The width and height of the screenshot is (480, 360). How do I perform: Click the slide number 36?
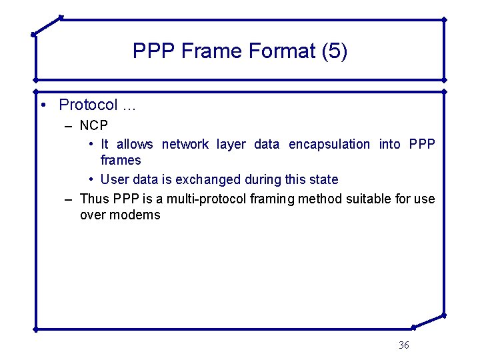click(403, 345)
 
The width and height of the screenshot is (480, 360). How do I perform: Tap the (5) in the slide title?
click(335, 51)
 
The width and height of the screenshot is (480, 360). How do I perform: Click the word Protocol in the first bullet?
click(88, 105)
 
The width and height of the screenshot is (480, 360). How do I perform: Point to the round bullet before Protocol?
click(42, 105)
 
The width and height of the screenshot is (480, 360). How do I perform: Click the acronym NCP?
click(94, 125)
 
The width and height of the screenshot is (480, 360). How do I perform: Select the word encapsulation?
click(329, 144)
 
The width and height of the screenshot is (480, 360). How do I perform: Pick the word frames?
click(121, 160)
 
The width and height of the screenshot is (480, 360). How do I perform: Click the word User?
click(115, 179)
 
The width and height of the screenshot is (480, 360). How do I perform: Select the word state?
click(323, 179)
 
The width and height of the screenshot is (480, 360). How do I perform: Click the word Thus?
click(95, 199)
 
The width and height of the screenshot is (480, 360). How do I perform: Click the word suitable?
click(375, 199)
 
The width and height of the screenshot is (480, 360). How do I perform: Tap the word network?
click(185, 144)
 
